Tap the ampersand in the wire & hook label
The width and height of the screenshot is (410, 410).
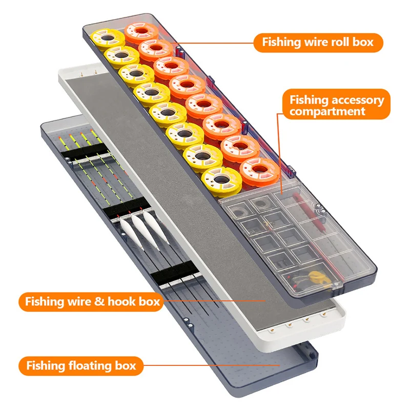(x=97, y=301)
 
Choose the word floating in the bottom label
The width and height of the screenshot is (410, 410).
(x=90, y=365)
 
